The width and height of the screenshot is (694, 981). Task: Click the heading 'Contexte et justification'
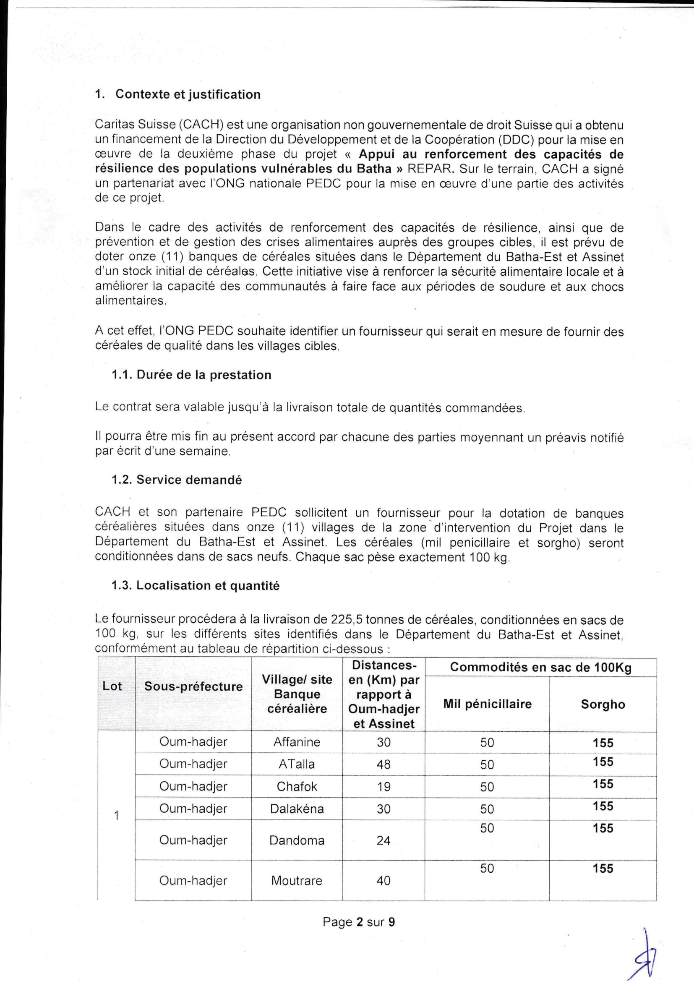(x=188, y=94)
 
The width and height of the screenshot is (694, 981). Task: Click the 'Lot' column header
(x=112, y=686)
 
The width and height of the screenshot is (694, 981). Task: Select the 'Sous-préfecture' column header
(x=193, y=686)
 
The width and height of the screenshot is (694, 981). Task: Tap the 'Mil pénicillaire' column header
(x=487, y=704)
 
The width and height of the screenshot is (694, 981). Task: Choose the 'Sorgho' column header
(x=603, y=704)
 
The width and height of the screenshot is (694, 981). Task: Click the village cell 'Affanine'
(x=297, y=742)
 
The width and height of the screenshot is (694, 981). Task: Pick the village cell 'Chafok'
(x=297, y=786)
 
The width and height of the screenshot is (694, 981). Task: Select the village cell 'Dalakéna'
(x=297, y=809)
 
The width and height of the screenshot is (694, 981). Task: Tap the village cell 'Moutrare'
(x=297, y=880)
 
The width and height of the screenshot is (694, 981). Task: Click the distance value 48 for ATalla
(x=384, y=764)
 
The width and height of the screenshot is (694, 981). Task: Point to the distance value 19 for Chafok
(x=384, y=786)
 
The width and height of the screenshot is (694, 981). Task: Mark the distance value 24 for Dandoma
(x=384, y=840)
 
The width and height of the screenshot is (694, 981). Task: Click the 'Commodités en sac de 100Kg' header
(x=540, y=668)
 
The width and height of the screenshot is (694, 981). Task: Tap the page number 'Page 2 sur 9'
(x=358, y=921)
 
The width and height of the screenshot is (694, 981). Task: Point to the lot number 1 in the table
(x=116, y=816)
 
